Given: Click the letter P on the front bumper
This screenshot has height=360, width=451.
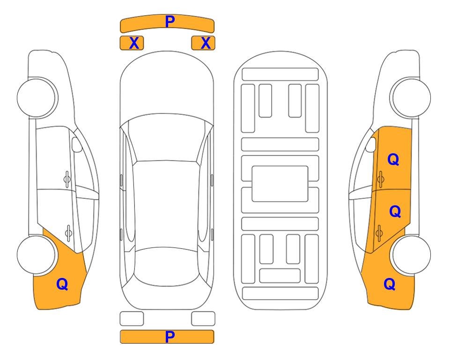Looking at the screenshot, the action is coord(170,22).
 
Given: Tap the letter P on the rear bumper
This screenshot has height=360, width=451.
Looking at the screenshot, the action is coord(170,337).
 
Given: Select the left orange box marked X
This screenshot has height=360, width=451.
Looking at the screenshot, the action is coord(132,43).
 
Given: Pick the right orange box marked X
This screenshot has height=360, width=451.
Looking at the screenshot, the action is coord(203,43).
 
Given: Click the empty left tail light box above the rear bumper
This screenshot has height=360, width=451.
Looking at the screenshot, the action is coord(132,319).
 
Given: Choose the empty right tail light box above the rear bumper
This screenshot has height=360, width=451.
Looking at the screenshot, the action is coord(203,319).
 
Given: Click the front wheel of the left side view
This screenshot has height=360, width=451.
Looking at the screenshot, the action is coord(37,98).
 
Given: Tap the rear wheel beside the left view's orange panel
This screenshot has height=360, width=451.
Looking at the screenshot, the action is coord(37,255).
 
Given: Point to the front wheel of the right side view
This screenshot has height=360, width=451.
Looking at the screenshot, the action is coord(411,98).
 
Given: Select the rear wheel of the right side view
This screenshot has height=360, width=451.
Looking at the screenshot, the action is coord(411,255).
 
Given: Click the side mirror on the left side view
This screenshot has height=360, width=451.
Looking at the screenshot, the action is coord(76,144).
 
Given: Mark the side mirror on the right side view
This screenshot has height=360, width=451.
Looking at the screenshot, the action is coord(371,144).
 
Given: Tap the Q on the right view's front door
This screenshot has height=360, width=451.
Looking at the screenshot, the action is coord(393,159).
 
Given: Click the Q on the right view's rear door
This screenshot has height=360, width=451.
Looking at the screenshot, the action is coord(395,211).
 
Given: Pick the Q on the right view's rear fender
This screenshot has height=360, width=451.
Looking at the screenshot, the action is coord(390,284).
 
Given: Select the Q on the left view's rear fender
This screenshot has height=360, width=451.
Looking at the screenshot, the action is coord(62,284).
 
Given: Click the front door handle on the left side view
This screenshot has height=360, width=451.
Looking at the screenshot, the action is coord(67,179).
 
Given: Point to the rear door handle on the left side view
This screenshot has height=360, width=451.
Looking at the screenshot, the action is coord(68,232).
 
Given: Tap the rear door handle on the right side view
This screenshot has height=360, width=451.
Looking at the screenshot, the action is coord(379,232).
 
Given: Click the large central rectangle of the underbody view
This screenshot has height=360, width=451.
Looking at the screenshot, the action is coord(280,184).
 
